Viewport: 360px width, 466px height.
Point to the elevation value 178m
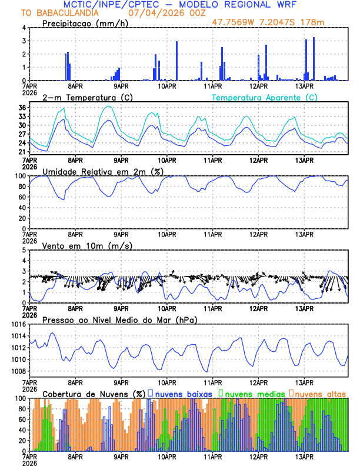(x=327, y=22)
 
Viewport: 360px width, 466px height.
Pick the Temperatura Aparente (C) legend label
(x=265, y=97)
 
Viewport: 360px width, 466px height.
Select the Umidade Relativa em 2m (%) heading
(x=102, y=171)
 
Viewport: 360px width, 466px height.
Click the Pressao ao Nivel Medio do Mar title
(x=119, y=319)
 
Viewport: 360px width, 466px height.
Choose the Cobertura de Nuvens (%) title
(x=94, y=393)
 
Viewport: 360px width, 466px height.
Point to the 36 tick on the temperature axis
(x=22, y=108)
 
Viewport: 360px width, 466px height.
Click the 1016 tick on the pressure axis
(x=18, y=324)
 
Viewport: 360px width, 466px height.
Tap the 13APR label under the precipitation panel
(x=304, y=86)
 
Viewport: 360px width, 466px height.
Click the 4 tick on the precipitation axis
(x=24, y=28)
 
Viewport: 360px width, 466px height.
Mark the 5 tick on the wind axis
(x=24, y=250)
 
